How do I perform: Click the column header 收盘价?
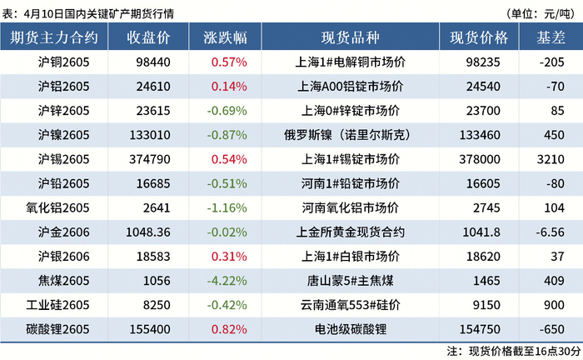(x=148, y=37)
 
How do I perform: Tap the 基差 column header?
(x=551, y=37)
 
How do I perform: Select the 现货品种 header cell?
(x=351, y=37)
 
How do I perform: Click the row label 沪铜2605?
(x=63, y=62)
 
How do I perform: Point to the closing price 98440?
(x=153, y=62)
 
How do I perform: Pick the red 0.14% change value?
(x=229, y=87)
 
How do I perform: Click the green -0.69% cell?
(x=227, y=111)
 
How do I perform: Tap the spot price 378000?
(x=480, y=159)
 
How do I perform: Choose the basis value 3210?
(x=551, y=159)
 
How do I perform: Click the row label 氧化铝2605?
(x=57, y=207)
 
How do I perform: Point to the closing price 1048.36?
(x=148, y=232)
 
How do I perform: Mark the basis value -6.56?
(x=551, y=232)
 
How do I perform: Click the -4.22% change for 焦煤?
(x=227, y=281)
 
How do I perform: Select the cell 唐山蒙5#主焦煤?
(x=351, y=281)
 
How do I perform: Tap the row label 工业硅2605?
(x=57, y=305)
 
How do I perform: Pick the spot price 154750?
(x=480, y=329)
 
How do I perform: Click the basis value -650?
(x=552, y=329)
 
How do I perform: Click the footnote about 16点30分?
(x=514, y=351)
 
